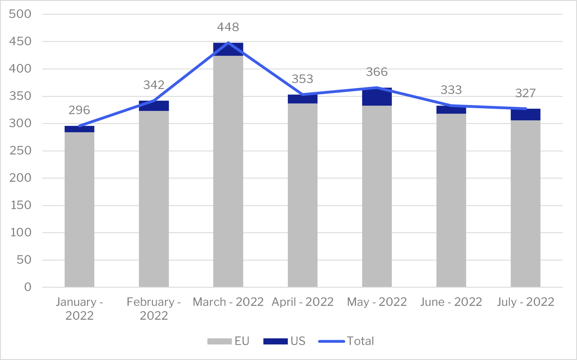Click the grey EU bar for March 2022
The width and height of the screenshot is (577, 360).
228,171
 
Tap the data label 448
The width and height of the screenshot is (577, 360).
228,27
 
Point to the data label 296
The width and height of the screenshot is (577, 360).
79,110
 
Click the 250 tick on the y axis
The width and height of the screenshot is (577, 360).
20,151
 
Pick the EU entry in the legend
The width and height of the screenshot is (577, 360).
228,341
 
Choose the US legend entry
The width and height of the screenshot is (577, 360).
284,341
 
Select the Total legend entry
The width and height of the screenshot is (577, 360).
346,341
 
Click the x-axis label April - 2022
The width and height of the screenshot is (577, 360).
303,302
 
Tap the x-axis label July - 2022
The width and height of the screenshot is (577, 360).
525,302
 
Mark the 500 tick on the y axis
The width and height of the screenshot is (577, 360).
20,14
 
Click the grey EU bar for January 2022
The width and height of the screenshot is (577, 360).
79,209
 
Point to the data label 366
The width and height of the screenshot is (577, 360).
377,72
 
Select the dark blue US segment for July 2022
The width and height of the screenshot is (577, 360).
525,115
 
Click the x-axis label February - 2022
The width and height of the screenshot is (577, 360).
154,308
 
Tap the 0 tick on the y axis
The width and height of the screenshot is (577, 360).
28,287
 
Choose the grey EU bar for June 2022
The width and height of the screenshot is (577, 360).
451,200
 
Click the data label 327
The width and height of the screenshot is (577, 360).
525,93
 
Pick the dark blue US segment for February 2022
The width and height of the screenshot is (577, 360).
154,106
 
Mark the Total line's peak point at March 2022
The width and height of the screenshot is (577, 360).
228,43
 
